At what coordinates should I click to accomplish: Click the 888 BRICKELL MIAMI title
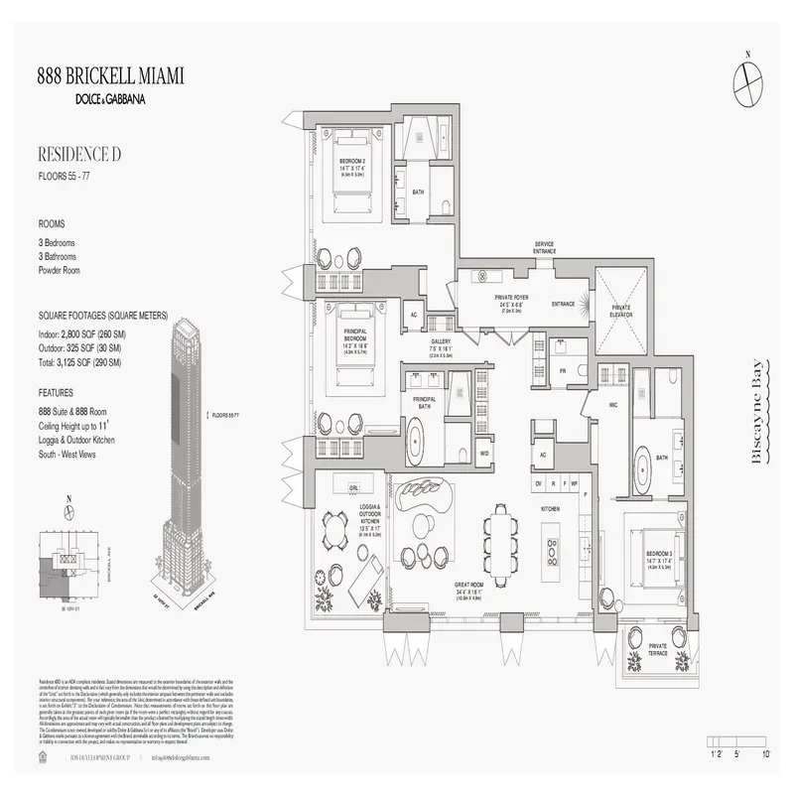pos(110,76)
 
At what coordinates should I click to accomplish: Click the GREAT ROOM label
pos(468,586)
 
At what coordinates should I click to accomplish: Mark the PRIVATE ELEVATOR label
pos(621,311)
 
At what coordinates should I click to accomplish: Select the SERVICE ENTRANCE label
pos(544,247)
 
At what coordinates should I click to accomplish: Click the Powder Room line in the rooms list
pos(59,270)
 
